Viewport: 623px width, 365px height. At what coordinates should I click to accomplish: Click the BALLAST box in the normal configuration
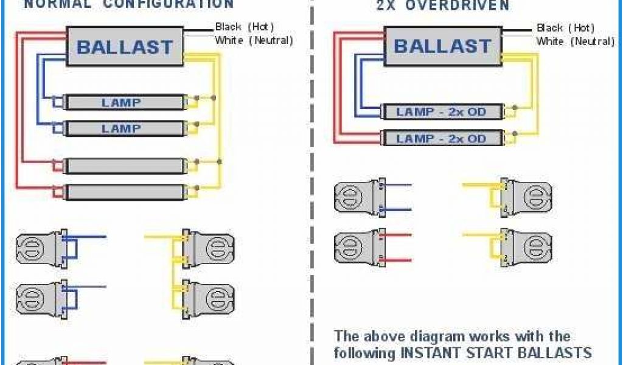click(125, 46)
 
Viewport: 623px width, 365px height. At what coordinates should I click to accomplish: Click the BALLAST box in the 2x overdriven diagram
click(442, 46)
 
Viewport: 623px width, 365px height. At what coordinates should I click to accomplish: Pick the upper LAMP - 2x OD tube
click(442, 112)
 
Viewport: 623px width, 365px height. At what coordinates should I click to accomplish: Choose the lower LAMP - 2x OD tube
click(442, 138)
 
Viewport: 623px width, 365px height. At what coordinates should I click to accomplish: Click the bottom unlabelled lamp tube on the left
click(125, 192)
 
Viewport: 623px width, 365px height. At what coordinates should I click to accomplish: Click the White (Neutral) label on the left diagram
click(254, 41)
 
